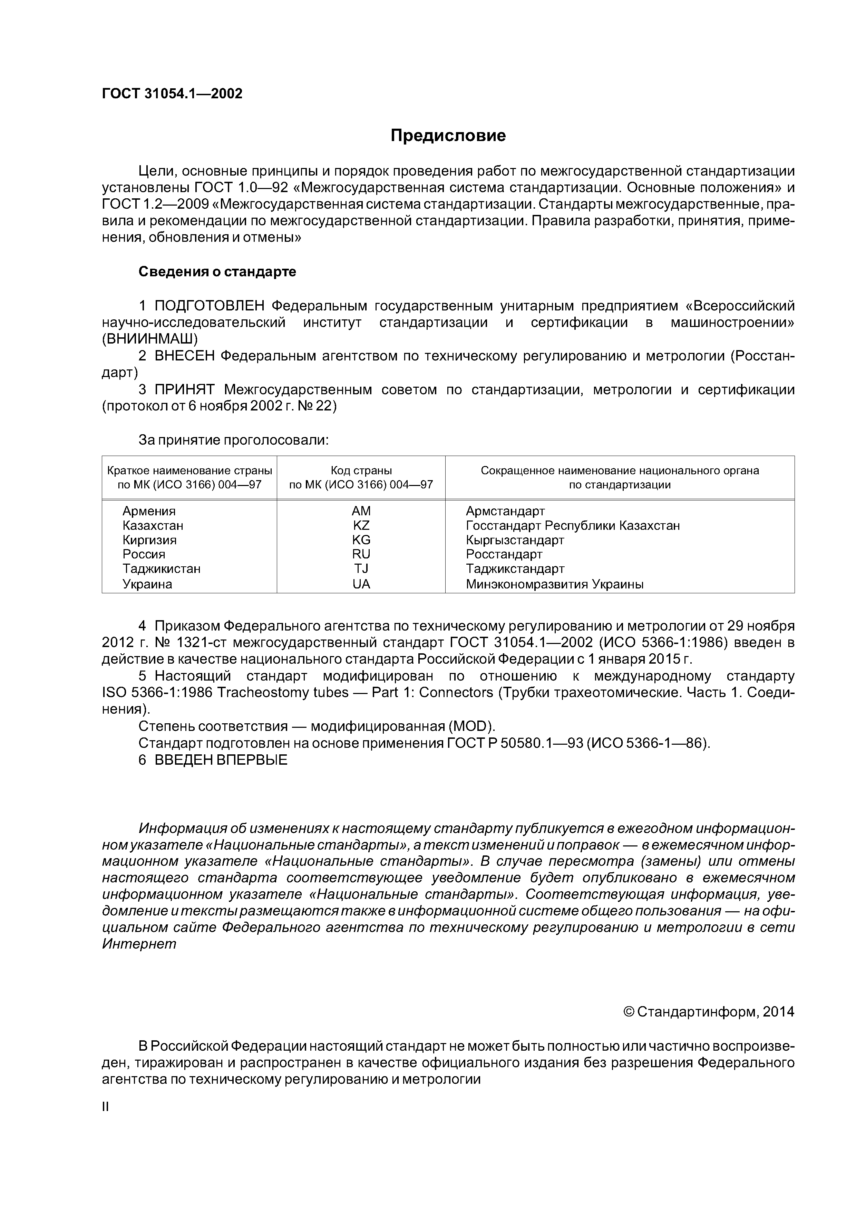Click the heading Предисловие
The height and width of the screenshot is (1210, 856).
pos(448,136)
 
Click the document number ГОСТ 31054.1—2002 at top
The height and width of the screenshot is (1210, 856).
pos(172,94)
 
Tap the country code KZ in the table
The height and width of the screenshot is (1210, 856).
pos(361,525)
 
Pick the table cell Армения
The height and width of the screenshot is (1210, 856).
pos(149,511)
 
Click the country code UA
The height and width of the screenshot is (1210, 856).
pos(361,584)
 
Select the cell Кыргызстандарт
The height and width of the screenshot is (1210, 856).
pos(515,540)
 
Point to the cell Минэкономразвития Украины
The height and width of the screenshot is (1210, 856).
pos(554,584)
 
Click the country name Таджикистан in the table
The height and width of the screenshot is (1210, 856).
pos(162,569)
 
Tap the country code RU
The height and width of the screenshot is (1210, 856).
pos(361,554)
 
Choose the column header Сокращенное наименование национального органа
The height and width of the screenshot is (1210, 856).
pos(619,470)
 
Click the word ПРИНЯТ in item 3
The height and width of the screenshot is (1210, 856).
pos(185,390)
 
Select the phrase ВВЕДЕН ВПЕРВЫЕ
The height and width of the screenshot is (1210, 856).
pos(221,760)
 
